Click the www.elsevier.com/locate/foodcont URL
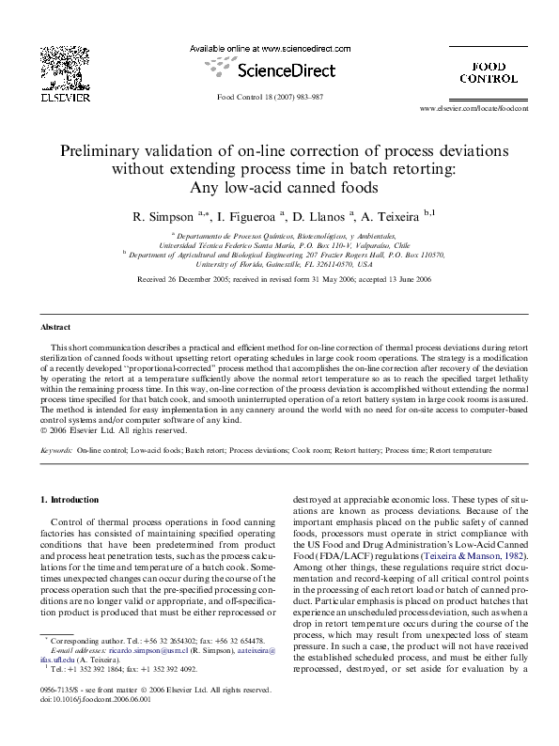pos(474,109)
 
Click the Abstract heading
pos(55,327)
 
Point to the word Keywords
pos(56,451)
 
